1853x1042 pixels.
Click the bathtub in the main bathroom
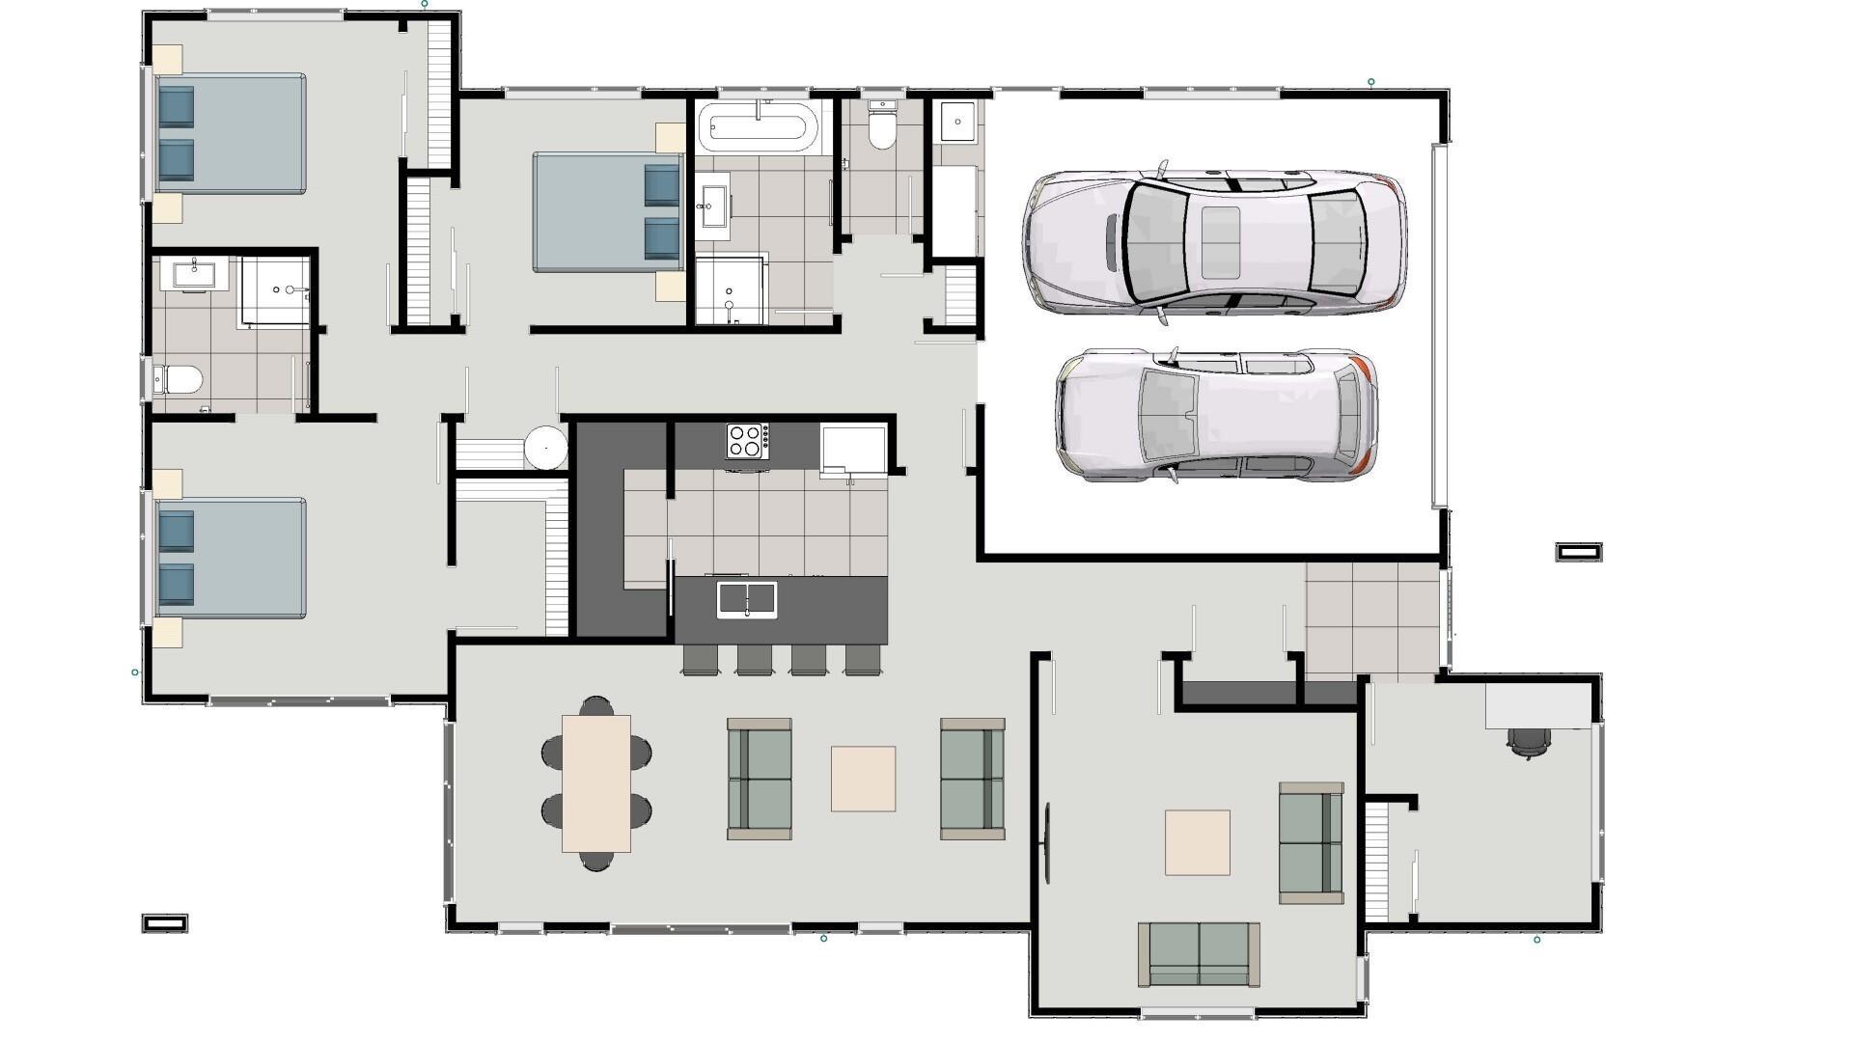pyautogui.click(x=759, y=126)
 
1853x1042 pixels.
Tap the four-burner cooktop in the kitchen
pyautogui.click(x=747, y=441)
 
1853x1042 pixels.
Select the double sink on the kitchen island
pyautogui.click(x=746, y=599)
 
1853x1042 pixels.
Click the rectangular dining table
pyautogui.click(x=596, y=782)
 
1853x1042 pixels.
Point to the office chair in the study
pyautogui.click(x=1529, y=741)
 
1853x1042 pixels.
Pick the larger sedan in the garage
pyautogui.click(x=1214, y=241)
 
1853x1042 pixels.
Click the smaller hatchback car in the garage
pyautogui.click(x=1216, y=416)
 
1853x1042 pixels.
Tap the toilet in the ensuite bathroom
pyautogui.click(x=180, y=379)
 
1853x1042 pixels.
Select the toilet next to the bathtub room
pyautogui.click(x=881, y=129)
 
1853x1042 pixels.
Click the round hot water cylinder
pyautogui.click(x=546, y=448)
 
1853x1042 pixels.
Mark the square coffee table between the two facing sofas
pyautogui.click(x=863, y=778)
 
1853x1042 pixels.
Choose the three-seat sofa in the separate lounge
pyautogui.click(x=1199, y=953)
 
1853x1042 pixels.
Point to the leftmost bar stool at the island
pyautogui.click(x=700, y=658)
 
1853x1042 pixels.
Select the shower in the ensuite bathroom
pyautogui.click(x=275, y=290)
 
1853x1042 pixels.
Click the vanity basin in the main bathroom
pyautogui.click(x=713, y=206)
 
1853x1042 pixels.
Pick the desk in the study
pyautogui.click(x=1537, y=706)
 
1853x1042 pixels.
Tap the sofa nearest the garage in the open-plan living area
pyautogui.click(x=973, y=778)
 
